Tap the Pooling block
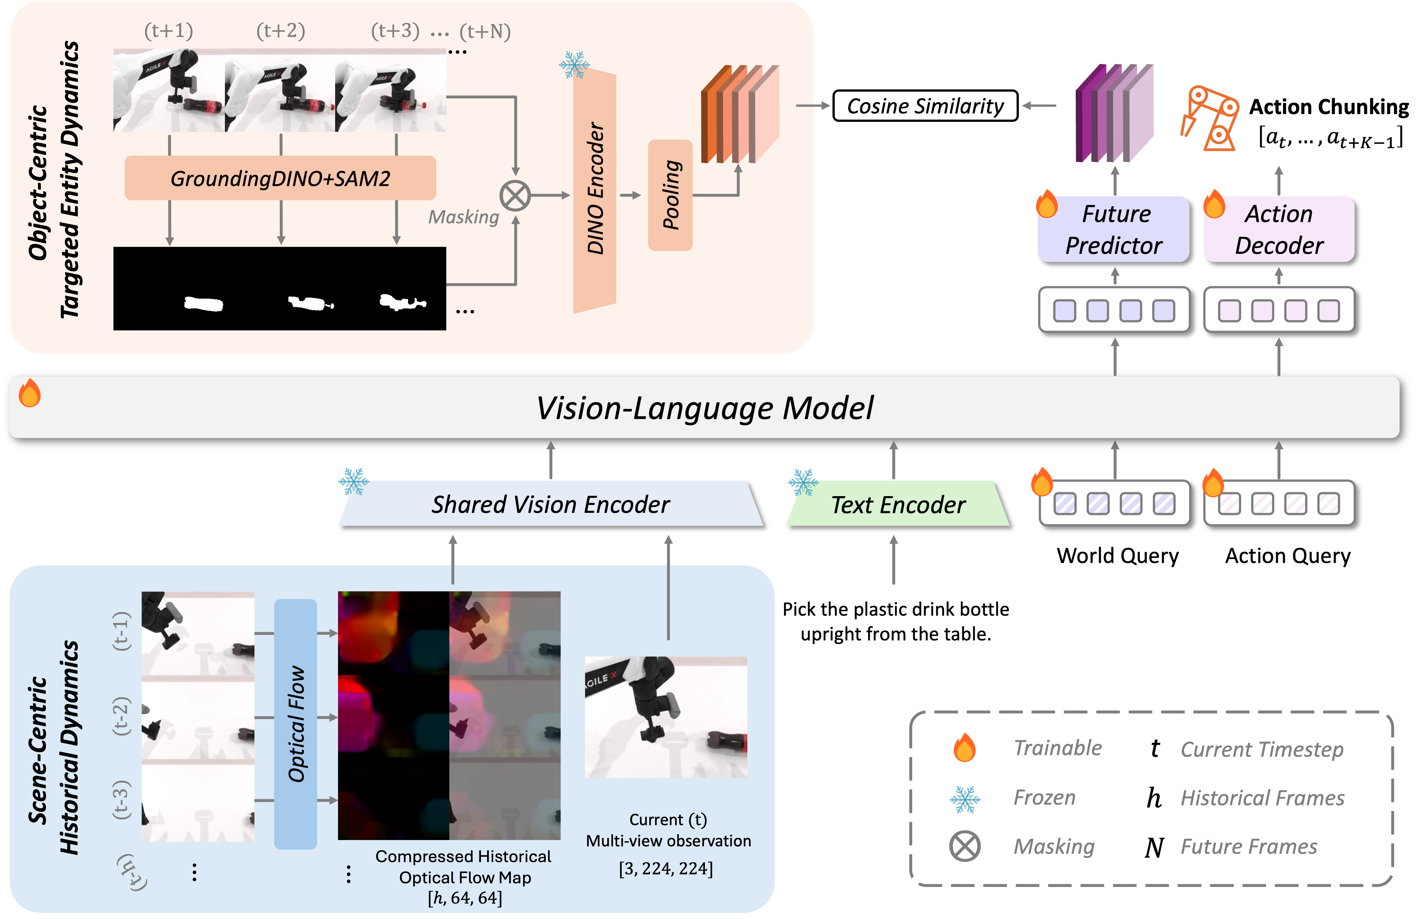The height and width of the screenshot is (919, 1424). (670, 195)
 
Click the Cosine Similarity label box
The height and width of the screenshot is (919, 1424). (925, 106)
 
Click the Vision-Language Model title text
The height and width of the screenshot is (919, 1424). (704, 408)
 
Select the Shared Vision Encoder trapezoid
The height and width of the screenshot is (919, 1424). (550, 504)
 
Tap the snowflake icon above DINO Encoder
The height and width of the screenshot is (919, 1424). (574, 65)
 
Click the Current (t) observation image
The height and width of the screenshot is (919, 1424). (666, 717)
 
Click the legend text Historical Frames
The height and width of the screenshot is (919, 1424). (1262, 799)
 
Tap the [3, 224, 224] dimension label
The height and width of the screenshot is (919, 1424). (666, 868)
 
